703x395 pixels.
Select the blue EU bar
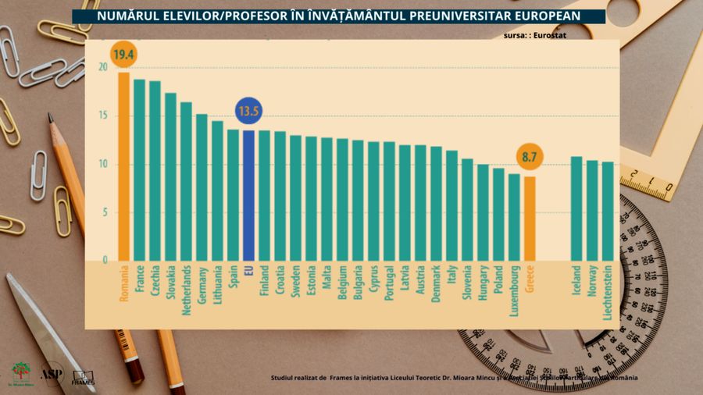pyautogui.click(x=248, y=195)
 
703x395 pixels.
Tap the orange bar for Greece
pyautogui.click(x=530, y=219)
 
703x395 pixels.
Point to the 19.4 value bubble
pyautogui.click(x=123, y=54)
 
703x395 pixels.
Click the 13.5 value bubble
pyautogui.click(x=248, y=112)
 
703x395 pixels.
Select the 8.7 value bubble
pyautogui.click(x=530, y=158)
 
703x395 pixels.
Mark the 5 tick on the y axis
pyautogui.click(x=104, y=212)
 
